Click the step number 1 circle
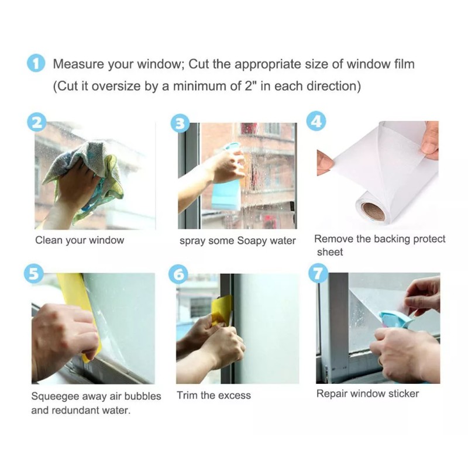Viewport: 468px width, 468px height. tap(36, 63)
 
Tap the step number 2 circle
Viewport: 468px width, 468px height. tap(37, 122)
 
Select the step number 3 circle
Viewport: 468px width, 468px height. tap(180, 123)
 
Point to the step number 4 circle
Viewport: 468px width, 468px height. tap(316, 122)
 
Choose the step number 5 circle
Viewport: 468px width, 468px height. tap(33, 273)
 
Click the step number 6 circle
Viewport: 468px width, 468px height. tap(178, 274)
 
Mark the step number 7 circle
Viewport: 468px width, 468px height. tap(318, 273)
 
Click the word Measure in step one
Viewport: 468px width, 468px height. tap(78, 64)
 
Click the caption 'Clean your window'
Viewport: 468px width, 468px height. tap(80, 240)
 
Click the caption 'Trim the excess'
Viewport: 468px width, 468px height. tap(214, 395)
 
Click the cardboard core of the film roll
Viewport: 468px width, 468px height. tap(373, 211)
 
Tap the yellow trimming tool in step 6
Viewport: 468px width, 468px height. tap(221, 311)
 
